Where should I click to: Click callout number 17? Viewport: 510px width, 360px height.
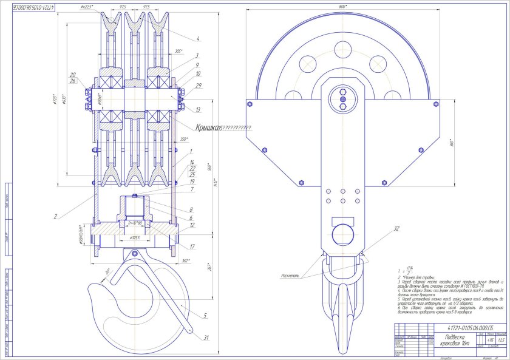[x=192, y=246]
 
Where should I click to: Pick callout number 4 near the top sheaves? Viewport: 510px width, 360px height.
[x=197, y=38]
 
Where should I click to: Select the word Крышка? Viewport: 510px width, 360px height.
[x=206, y=127]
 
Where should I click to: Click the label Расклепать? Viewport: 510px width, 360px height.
[x=290, y=275]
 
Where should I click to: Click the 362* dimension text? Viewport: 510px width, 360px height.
[x=186, y=260]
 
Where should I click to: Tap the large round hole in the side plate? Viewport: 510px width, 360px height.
[x=342, y=233]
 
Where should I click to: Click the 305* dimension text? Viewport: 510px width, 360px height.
[x=178, y=51]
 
